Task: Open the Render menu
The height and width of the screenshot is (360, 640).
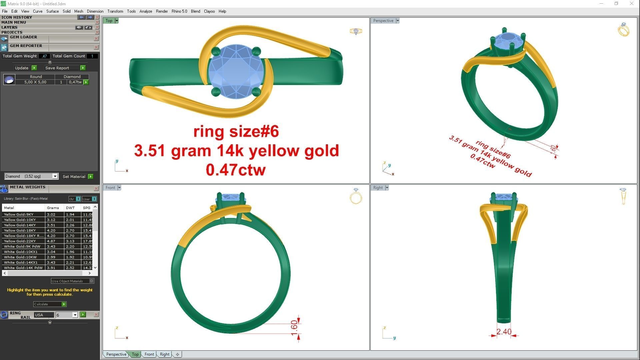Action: click(x=162, y=11)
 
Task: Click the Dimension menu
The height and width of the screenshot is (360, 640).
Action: click(x=95, y=11)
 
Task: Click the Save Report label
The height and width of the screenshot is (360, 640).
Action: click(x=57, y=68)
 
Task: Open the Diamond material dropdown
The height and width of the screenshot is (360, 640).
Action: click(x=55, y=176)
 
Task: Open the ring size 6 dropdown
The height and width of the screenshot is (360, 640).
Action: click(x=75, y=315)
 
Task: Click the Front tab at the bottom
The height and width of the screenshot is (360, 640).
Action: click(x=149, y=354)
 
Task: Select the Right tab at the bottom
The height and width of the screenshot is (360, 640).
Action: click(x=164, y=354)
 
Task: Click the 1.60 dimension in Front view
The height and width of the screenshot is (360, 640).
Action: click(x=294, y=328)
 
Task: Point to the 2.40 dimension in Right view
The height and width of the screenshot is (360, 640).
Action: click(x=504, y=332)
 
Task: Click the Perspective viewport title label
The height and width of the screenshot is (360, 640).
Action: click(x=383, y=21)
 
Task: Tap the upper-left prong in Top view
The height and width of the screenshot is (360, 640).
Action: click(x=216, y=51)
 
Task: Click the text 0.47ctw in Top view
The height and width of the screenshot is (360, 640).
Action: click(x=236, y=170)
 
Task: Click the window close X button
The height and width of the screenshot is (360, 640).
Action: click(x=631, y=4)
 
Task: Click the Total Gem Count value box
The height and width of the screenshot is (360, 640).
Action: click(x=92, y=56)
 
